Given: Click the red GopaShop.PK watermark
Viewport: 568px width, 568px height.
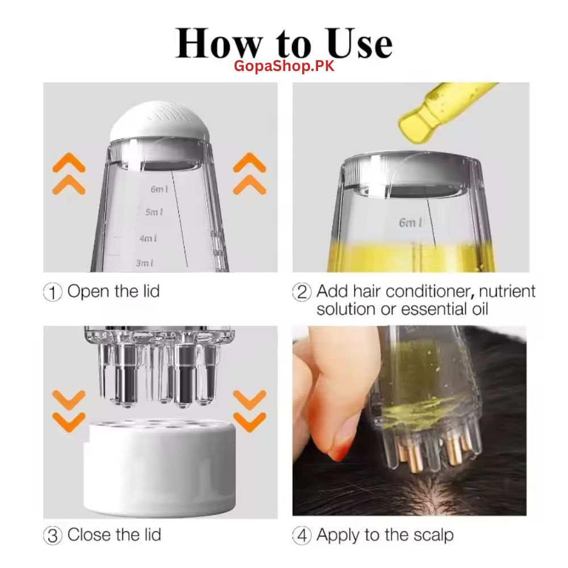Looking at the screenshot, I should (x=285, y=66).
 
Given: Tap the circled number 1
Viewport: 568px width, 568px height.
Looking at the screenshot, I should (x=52, y=293).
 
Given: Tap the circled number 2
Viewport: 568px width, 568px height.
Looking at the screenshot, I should (x=302, y=293).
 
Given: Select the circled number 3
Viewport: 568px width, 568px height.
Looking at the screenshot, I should (x=52, y=536).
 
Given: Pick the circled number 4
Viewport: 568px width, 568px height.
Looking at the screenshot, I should (x=302, y=536).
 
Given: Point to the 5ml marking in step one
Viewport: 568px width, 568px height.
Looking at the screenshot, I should (x=154, y=212).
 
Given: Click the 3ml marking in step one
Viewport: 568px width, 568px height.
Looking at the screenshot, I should (x=145, y=263).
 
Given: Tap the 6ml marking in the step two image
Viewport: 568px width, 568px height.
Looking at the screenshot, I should (x=410, y=223).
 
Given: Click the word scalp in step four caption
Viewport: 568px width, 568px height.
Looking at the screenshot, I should (x=431, y=535).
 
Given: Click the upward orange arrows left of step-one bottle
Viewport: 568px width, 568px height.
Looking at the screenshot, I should (x=69, y=173).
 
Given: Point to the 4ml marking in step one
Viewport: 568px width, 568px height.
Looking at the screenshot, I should (x=149, y=239).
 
